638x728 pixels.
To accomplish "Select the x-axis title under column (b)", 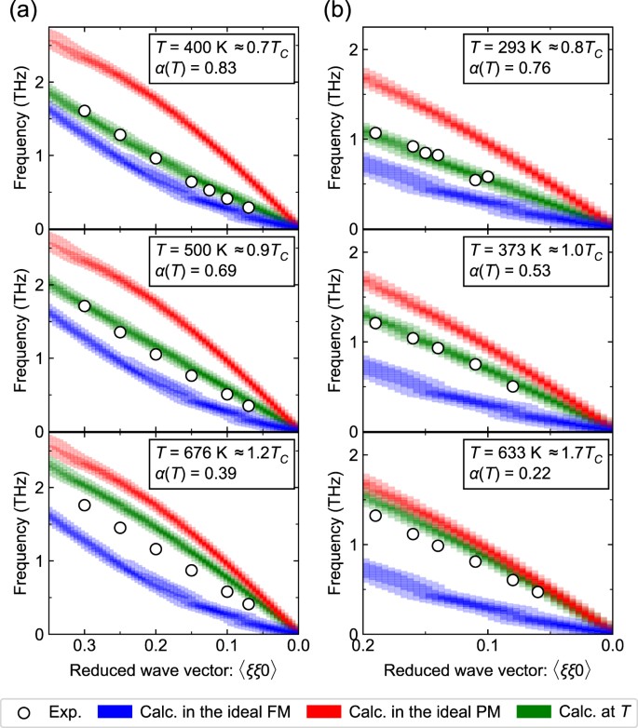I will pyautogui.click(x=486, y=670).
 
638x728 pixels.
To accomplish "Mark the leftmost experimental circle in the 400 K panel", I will pyautogui.click(x=85, y=111).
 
